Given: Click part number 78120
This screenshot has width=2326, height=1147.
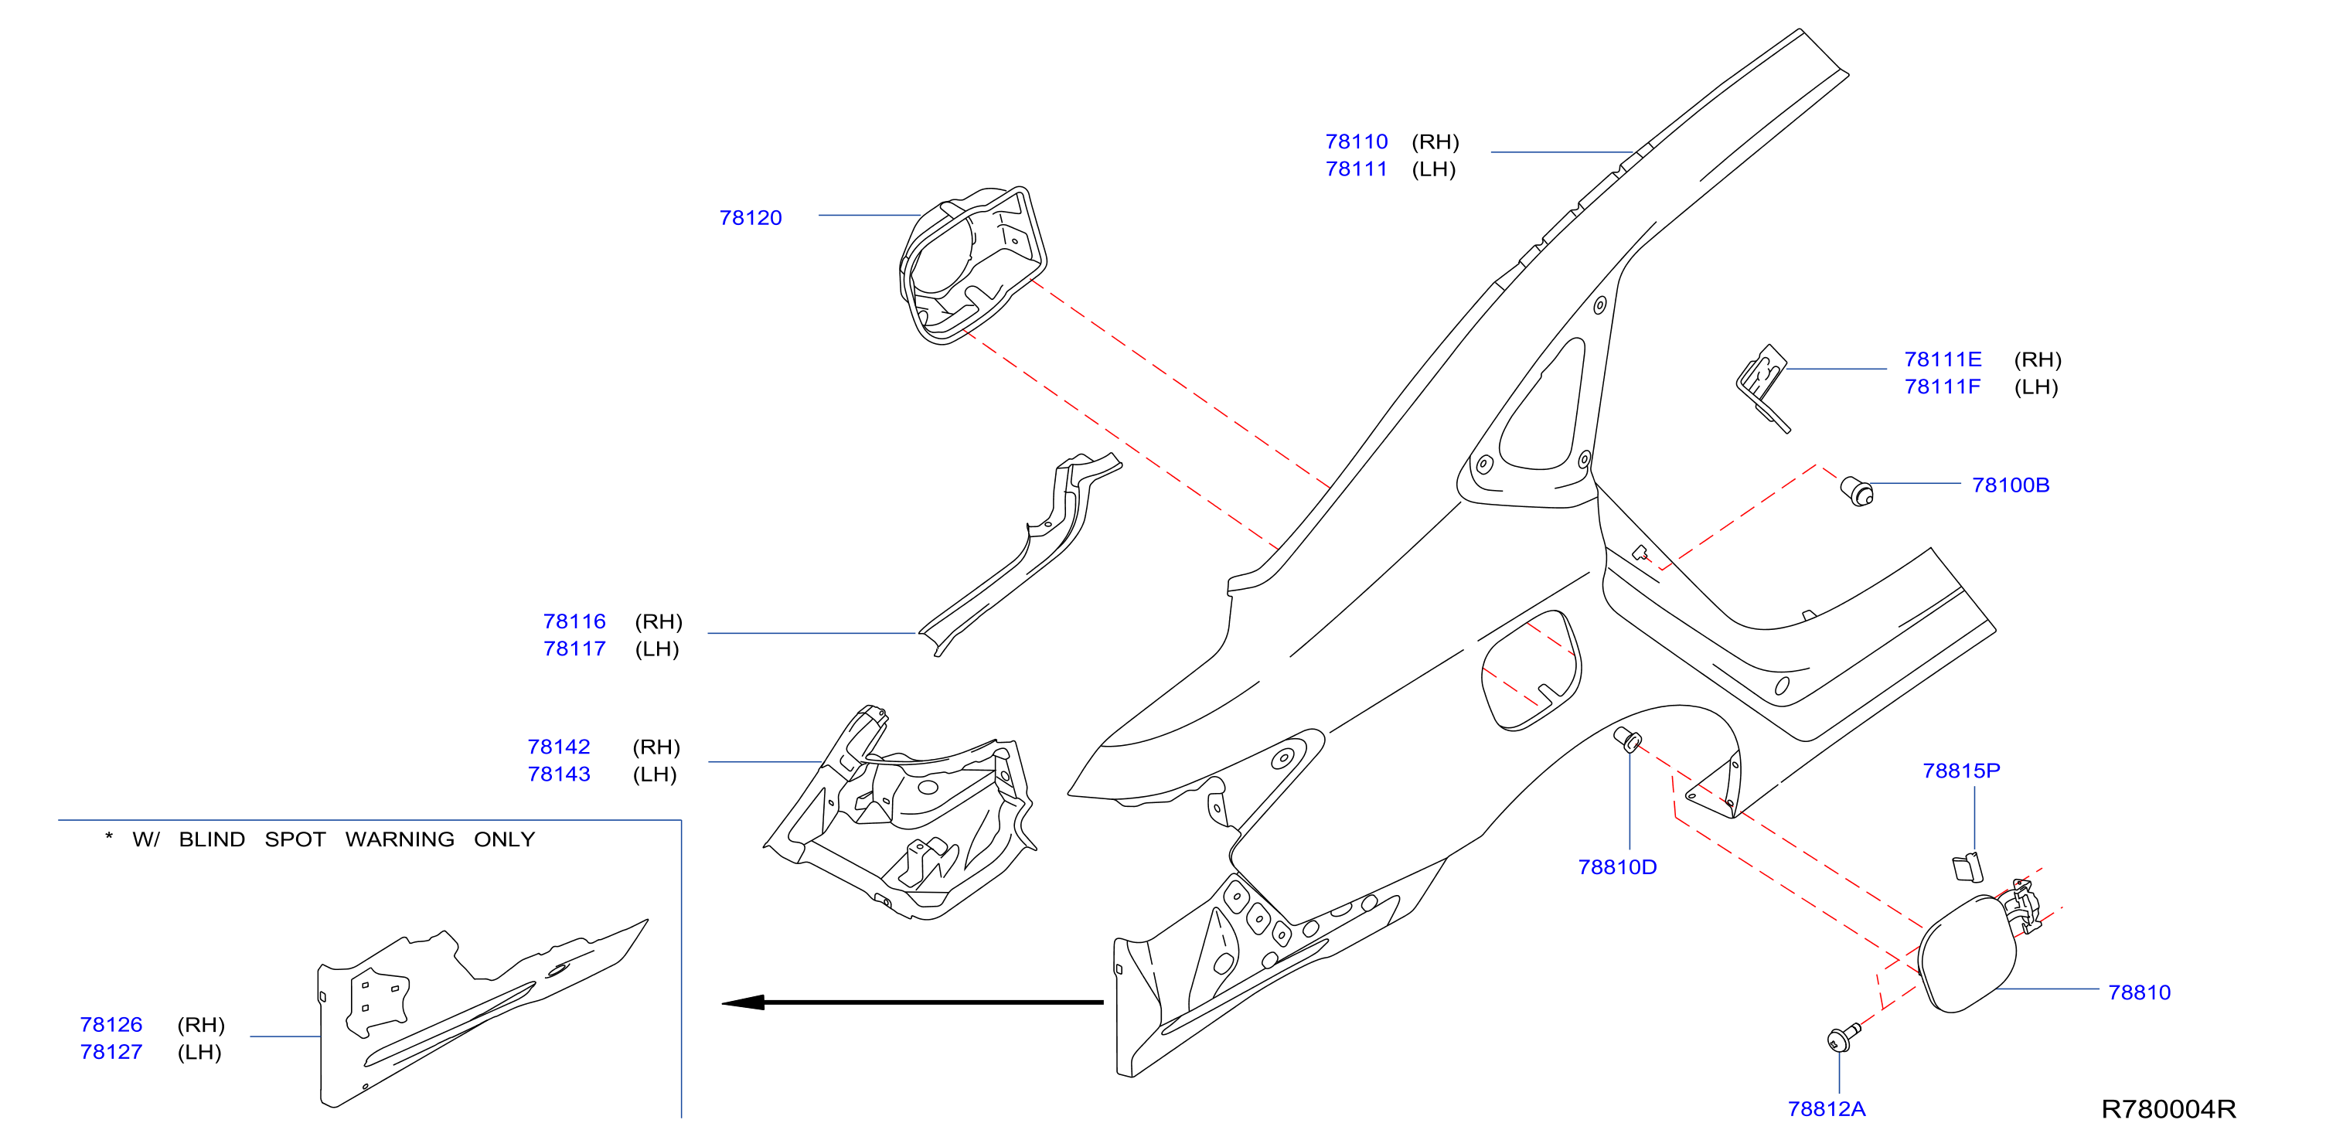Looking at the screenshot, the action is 751,218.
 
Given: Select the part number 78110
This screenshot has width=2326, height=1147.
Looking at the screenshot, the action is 1356,141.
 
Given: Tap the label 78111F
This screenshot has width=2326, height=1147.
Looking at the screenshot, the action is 1943,386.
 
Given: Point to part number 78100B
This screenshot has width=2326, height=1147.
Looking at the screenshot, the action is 2010,485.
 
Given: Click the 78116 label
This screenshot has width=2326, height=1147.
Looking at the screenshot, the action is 574,621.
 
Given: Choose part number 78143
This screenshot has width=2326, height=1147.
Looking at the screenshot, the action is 559,774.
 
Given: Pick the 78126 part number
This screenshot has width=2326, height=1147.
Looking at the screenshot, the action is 111,1024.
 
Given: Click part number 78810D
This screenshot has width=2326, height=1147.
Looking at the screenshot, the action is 1617,867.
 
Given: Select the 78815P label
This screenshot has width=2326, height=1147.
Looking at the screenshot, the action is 1961,771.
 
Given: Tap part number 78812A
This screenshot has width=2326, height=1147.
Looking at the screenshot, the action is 1827,1109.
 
